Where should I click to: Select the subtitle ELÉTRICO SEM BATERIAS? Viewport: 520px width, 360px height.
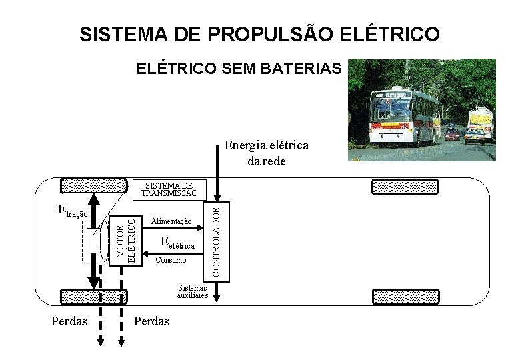coord(239,69)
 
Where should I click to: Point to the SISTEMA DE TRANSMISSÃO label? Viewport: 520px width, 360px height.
coord(169,189)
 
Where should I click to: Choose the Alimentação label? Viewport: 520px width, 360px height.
coord(171,221)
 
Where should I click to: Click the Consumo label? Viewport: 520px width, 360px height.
coord(170,260)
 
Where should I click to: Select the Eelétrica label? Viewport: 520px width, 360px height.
coord(178,243)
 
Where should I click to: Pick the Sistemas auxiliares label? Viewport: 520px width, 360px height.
coord(193,291)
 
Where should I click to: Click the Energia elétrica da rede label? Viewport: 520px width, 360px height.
coord(266,153)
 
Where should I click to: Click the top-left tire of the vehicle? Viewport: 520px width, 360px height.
coord(93,185)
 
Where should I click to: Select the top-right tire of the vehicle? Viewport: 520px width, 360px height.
coord(405,186)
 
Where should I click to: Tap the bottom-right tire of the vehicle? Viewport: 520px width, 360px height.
coord(405,296)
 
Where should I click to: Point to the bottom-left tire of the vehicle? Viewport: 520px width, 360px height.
coord(93,296)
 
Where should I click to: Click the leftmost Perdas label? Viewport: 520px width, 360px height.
coord(69,321)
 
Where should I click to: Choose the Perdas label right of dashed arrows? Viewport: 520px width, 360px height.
coord(151,321)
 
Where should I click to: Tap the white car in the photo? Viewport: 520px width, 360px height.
coord(474,137)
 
